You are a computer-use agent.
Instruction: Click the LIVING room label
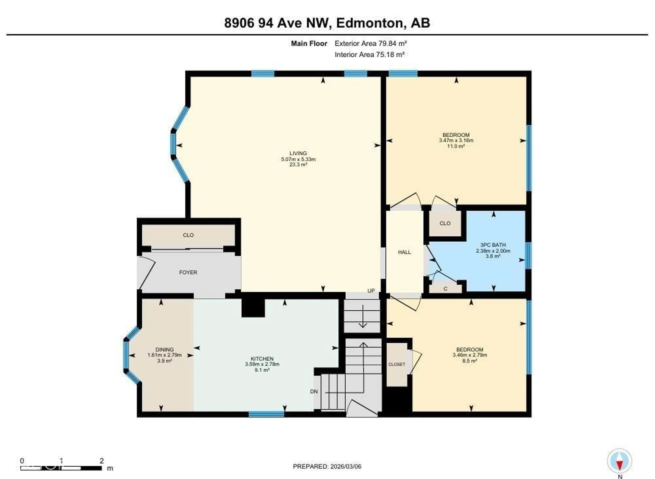click(298, 153)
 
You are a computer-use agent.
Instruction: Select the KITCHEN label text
click(262, 359)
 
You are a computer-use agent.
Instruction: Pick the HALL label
click(404, 252)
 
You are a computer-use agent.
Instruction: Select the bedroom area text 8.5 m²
click(470, 361)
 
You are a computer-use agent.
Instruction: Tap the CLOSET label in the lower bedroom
click(397, 364)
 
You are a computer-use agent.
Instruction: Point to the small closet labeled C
click(445, 289)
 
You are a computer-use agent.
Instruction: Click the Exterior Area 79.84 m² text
click(370, 43)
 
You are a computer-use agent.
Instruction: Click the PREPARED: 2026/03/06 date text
click(327, 466)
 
